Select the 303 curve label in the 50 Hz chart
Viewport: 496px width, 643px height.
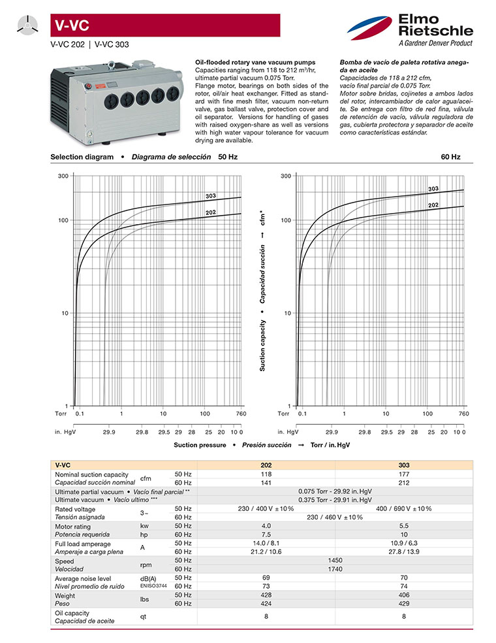click(x=211, y=196)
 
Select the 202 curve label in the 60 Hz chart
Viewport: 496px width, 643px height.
click(x=433, y=205)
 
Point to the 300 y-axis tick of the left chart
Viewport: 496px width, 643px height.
click(x=63, y=176)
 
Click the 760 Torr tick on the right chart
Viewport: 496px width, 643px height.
click(x=463, y=414)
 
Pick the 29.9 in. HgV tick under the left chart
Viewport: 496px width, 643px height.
click(x=109, y=432)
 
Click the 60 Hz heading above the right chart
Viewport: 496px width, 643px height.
click(x=450, y=157)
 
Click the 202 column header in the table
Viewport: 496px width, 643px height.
click(x=266, y=465)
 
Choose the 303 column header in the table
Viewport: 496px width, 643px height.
click(x=404, y=465)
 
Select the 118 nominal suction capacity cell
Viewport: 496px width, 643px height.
click(x=266, y=474)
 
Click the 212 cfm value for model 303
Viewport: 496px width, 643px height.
click(x=404, y=482)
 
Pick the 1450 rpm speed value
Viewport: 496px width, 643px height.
click(x=335, y=560)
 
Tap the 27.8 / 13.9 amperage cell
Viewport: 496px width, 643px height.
click(x=404, y=552)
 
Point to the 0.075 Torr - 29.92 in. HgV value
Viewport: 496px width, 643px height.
click(x=335, y=491)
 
